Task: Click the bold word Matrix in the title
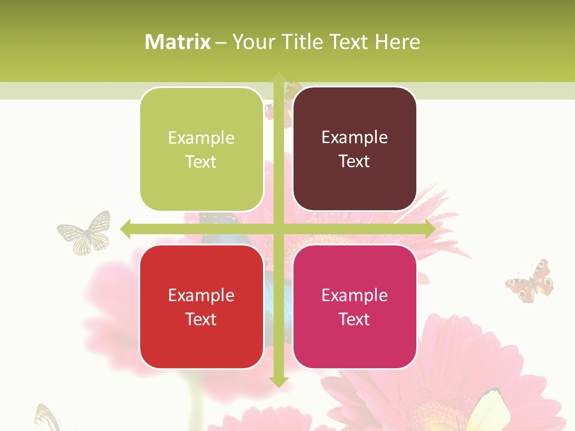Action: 178,42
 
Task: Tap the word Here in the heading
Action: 397,42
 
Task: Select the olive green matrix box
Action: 201,149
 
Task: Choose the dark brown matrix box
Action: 355,149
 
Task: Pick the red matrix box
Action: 201,306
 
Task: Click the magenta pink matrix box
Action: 355,306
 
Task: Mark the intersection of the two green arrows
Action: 278,229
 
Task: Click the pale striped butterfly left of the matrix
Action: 85,232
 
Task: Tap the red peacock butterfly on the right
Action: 530,281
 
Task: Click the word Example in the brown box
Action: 355,137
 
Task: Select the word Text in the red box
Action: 201,319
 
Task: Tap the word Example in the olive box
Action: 201,138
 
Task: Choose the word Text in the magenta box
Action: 355,319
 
